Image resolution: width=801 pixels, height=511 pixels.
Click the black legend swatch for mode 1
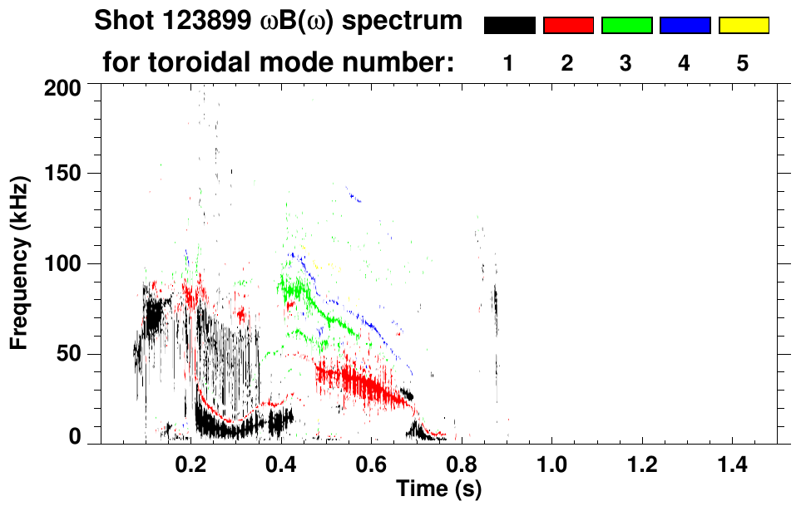click(x=509, y=26)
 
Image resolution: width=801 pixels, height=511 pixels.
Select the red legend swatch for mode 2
click(x=568, y=26)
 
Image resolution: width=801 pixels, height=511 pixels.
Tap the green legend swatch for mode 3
click(x=626, y=26)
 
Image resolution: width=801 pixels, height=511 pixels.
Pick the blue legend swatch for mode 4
click(x=685, y=26)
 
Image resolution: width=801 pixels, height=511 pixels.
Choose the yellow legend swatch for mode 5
click(x=743, y=26)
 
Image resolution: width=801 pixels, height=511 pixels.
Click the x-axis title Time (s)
click(x=438, y=489)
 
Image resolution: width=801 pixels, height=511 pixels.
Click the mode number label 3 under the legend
click(x=625, y=63)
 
